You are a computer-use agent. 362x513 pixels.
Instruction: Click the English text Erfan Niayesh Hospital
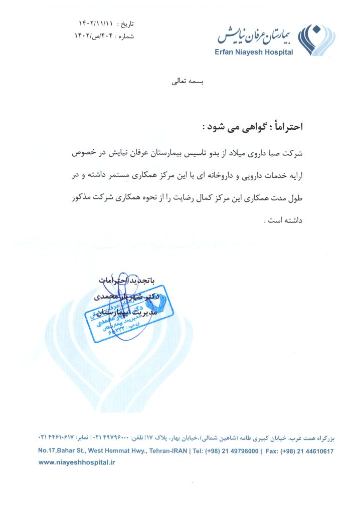[x=254, y=52]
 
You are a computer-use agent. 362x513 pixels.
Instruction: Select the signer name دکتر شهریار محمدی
[x=127, y=297]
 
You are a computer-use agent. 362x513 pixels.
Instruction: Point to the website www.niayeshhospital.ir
[x=77, y=463]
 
